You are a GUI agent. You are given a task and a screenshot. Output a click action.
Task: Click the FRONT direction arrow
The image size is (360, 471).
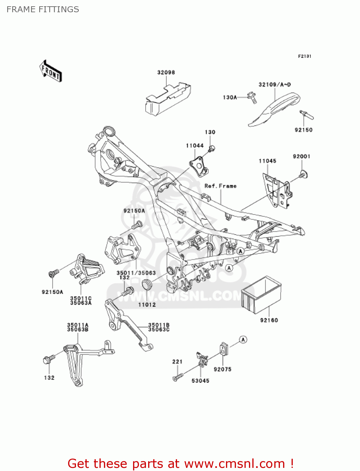pyautogui.click(x=51, y=71)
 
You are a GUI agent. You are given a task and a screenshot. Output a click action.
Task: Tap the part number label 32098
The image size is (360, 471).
pyautogui.click(x=166, y=73)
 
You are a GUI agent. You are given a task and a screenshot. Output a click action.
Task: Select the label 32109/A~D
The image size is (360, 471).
pyautogui.click(x=274, y=84)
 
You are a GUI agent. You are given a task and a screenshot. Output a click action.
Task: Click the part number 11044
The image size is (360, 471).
pyautogui.click(x=195, y=146)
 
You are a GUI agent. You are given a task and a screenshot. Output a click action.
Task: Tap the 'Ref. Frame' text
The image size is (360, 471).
pyautogui.click(x=220, y=186)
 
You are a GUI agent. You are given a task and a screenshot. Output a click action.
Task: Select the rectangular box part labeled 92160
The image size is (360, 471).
pyautogui.click(x=261, y=295)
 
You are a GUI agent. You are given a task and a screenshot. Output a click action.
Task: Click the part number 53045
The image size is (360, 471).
pyautogui.click(x=200, y=381)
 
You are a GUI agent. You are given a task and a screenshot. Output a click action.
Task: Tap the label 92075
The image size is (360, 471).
pyautogui.click(x=222, y=369)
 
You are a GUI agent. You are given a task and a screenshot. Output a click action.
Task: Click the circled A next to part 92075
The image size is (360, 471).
pyautogui.click(x=243, y=339)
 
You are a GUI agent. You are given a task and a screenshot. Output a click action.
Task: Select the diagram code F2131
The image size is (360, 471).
pyautogui.click(x=304, y=56)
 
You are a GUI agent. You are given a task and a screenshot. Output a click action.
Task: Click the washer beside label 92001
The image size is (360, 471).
pyautogui.click(x=303, y=174)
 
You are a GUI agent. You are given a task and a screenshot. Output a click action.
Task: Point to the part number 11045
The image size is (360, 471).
pyautogui.click(x=267, y=161)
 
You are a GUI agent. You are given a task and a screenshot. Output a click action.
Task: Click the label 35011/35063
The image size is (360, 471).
pyautogui.click(x=136, y=273)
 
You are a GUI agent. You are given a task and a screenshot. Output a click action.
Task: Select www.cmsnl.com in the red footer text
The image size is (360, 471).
pyautogui.click(x=234, y=463)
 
